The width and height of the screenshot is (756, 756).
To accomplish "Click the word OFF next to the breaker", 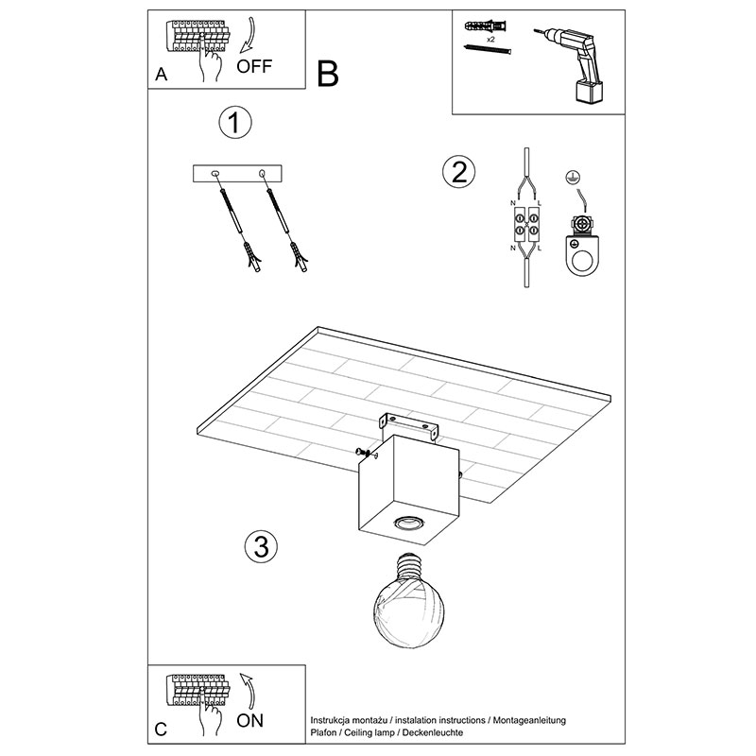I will [x=254, y=66].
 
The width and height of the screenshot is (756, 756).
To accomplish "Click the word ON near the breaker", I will [x=249, y=721].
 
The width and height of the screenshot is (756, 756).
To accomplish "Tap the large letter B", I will [x=327, y=74].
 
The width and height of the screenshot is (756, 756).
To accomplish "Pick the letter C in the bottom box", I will [x=161, y=730].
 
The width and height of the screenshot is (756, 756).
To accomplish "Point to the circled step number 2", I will [x=458, y=171].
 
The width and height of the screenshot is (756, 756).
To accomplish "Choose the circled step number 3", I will [x=260, y=545].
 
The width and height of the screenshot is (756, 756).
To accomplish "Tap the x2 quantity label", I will [x=492, y=41].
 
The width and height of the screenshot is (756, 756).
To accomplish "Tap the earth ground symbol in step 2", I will [x=570, y=177].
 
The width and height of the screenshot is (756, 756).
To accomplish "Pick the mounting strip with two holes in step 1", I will [x=236, y=174].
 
